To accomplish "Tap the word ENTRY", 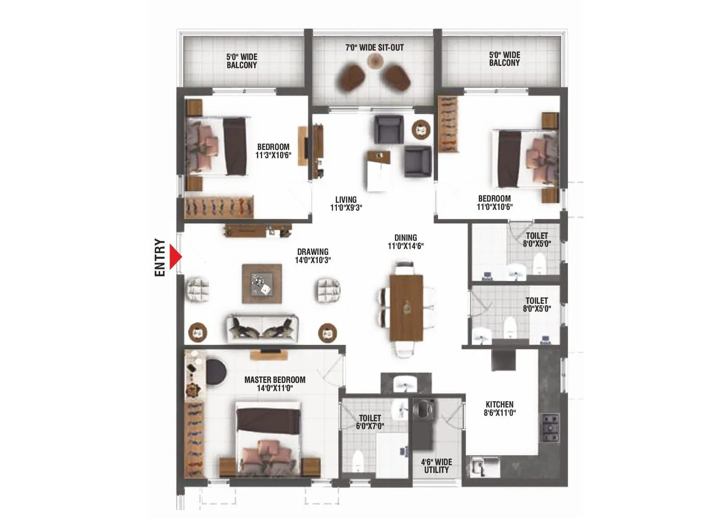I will click(x=160, y=258).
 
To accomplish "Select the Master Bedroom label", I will click(x=275, y=384).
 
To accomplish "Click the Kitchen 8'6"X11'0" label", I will click(x=499, y=408).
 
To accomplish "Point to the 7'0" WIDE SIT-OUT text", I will click(x=375, y=47).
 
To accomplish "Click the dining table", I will click(x=406, y=308).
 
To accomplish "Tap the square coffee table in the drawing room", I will click(x=262, y=284).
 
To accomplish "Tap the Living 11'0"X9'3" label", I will click(x=346, y=203).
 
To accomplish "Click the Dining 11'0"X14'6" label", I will click(x=406, y=242).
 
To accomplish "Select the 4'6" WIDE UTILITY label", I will click(x=436, y=466).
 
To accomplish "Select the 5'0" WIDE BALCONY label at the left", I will click(x=241, y=61).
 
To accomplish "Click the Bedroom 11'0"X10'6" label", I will click(x=494, y=203).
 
